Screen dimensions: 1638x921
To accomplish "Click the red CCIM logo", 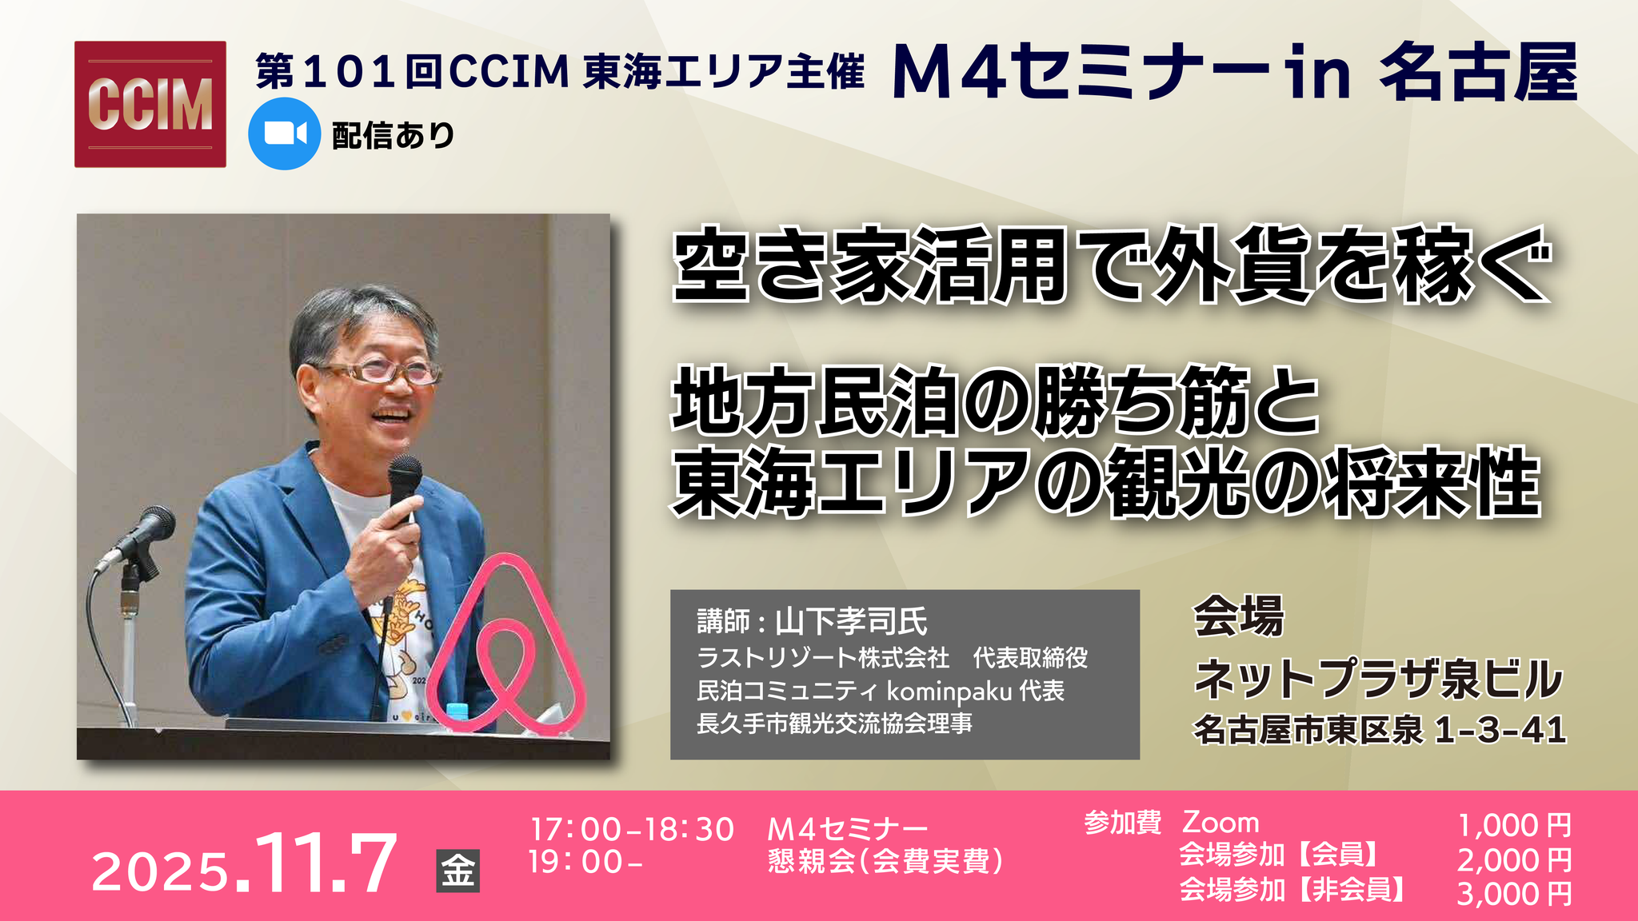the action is coord(150,104).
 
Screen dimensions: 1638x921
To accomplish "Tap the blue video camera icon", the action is coord(285,134).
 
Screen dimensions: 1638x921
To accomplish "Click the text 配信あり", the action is coord(394,135).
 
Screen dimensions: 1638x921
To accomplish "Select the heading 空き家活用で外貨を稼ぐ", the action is coord(1111,265).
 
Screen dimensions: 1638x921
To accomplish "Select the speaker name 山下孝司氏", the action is coord(851,621).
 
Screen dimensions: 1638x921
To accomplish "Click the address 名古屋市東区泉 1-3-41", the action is coord(1380,729).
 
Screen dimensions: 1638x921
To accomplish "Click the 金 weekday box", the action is coord(458,871).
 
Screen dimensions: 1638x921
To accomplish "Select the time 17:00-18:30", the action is coord(632,829).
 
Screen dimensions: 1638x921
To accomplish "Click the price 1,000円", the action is coord(1514,825).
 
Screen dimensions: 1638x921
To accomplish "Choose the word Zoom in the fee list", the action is coord(1221,823).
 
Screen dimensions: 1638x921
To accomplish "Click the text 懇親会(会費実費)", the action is coord(885,862).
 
